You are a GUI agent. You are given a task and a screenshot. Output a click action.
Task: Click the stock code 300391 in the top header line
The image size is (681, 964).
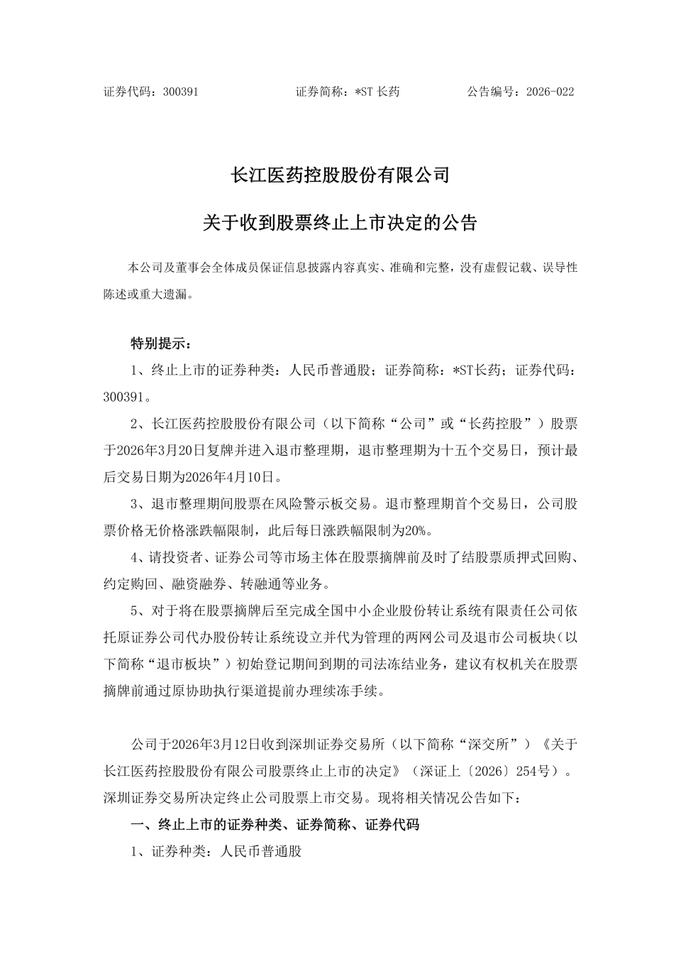coord(180,92)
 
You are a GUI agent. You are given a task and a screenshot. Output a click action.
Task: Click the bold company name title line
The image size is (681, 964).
coord(340,175)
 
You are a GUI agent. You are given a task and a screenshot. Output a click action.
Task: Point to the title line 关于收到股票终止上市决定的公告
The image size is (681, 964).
coord(340,223)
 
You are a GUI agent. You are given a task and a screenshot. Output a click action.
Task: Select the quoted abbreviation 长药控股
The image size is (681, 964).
coord(499,424)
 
